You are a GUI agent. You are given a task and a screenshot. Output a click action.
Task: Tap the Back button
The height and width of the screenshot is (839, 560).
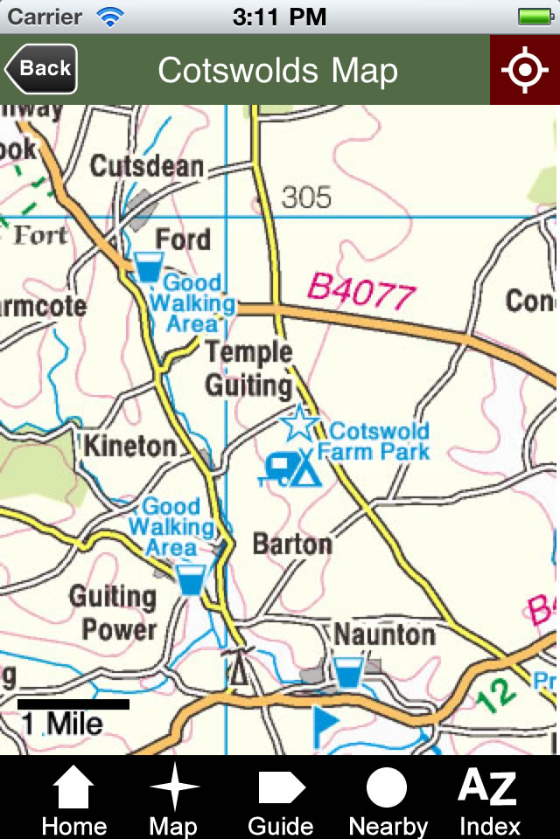41,69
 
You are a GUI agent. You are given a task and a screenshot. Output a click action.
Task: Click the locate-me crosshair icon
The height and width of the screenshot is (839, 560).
524,70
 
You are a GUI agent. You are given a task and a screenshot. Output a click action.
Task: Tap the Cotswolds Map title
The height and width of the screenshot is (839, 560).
277,70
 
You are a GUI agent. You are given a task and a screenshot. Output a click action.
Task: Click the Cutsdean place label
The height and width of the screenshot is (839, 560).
147,166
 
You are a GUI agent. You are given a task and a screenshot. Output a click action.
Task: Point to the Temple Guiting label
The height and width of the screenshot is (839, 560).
248,368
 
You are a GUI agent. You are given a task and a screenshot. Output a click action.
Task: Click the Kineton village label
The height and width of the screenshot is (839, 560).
129,446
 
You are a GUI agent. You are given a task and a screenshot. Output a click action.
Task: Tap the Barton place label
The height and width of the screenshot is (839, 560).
292,544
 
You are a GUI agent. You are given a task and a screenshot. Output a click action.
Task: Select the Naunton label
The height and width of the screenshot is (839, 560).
385,634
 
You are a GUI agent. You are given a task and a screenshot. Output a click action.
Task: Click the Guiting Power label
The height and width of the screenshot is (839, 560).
113,614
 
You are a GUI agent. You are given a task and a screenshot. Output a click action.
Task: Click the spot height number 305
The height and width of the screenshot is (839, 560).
306,198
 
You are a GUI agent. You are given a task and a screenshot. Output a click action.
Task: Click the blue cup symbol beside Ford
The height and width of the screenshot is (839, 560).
148,267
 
